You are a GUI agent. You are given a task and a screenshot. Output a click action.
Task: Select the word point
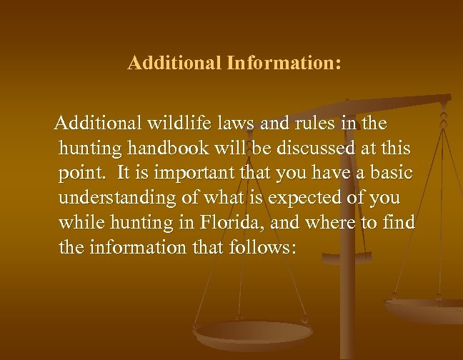tap(79, 174)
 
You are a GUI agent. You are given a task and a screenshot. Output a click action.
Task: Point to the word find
tap(398, 223)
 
